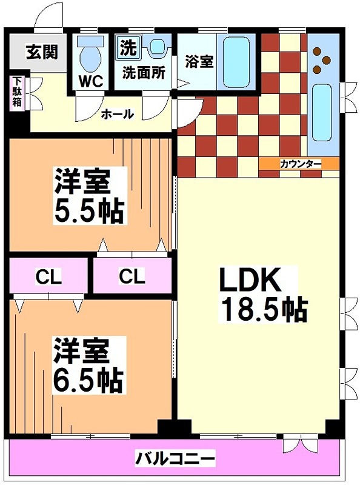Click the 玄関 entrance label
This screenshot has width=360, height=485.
click(41, 52)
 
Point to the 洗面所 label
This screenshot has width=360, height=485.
click(144, 72)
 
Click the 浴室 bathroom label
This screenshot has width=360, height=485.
click(199, 61)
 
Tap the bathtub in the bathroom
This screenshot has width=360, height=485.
click(238, 61)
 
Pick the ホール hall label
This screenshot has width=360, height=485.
click(117, 113)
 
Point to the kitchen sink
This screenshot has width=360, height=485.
click(322, 110)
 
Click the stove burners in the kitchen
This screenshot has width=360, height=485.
click(321, 60)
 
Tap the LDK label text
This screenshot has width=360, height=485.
click(249, 281)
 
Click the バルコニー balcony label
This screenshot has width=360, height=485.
click(175, 457)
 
